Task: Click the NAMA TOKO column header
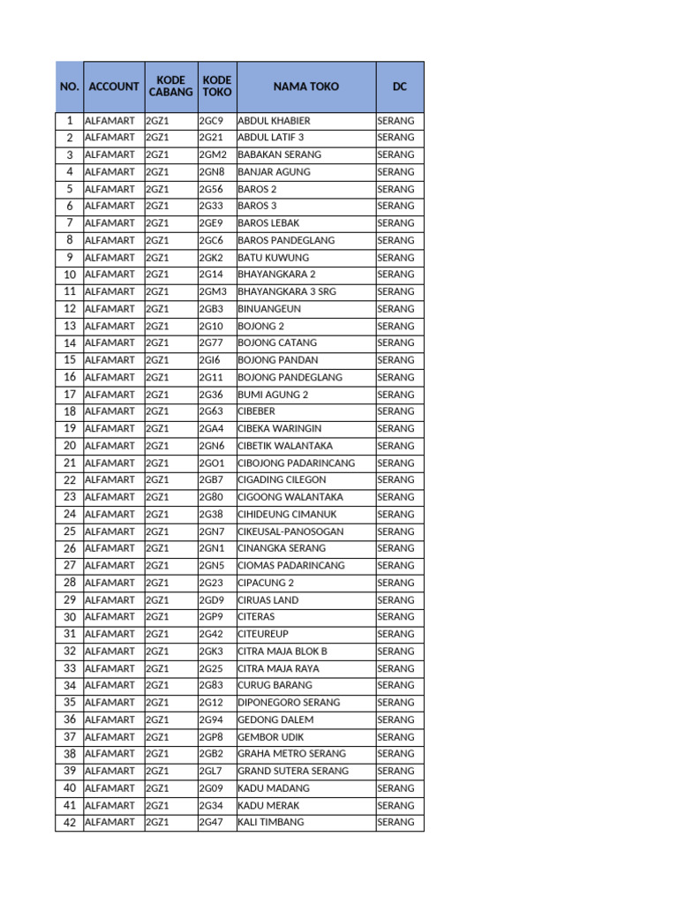click(305, 87)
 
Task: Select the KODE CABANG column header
click(170, 87)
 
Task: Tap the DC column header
click(400, 87)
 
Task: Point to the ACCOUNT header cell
click(114, 87)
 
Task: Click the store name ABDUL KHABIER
click(274, 121)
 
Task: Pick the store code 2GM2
click(213, 154)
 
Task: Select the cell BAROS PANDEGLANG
click(282, 240)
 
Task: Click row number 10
click(69, 275)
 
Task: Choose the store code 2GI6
click(210, 360)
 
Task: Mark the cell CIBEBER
click(257, 411)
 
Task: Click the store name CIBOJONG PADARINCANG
click(297, 463)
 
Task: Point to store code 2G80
click(211, 497)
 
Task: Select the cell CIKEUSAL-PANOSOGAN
click(290, 531)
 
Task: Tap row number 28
click(69, 583)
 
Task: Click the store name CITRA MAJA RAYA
click(279, 668)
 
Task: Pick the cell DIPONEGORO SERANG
click(288, 703)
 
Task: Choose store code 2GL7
click(211, 771)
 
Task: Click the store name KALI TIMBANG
click(271, 822)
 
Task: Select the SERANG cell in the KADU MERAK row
click(395, 805)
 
